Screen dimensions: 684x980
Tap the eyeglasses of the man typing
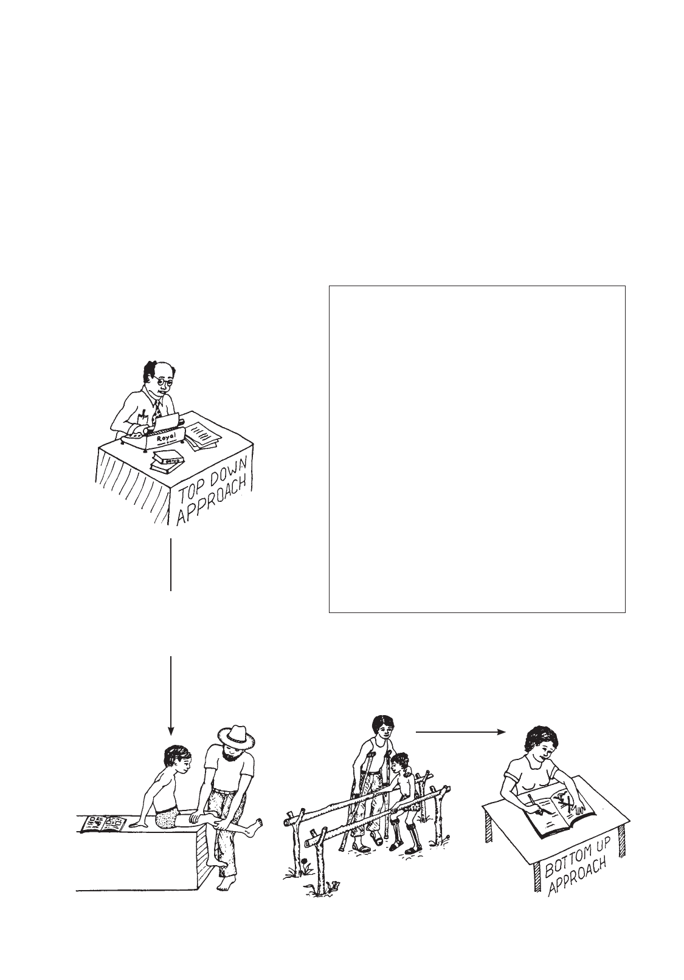pyautogui.click(x=164, y=380)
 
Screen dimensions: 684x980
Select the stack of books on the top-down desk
pyautogui.click(x=167, y=461)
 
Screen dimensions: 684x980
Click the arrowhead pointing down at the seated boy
pyautogui.click(x=171, y=731)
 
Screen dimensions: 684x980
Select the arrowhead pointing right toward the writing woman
pyautogui.click(x=502, y=731)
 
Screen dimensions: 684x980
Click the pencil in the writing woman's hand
pyautogui.click(x=534, y=804)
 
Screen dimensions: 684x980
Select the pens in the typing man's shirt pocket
pyautogui.click(x=143, y=414)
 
